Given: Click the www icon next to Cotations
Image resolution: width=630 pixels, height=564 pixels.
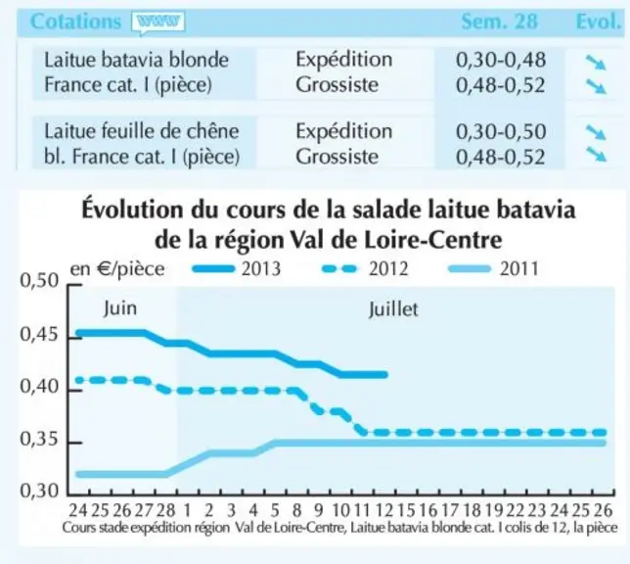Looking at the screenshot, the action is pyautogui.click(x=157, y=23).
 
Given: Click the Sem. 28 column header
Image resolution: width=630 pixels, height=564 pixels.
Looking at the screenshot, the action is pyautogui.click(x=500, y=22).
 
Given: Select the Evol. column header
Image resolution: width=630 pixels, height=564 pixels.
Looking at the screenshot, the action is pyautogui.click(x=599, y=22).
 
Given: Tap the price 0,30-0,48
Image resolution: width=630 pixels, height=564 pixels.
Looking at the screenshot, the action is pyautogui.click(x=501, y=60).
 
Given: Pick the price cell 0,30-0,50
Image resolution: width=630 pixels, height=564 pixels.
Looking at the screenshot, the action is pyautogui.click(x=501, y=131).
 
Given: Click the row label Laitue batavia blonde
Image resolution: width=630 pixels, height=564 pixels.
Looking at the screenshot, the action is pyautogui.click(x=136, y=60).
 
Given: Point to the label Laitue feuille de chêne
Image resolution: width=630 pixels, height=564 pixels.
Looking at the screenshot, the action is pyautogui.click(x=142, y=131).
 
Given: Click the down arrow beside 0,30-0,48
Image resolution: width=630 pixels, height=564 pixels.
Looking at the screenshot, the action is pyautogui.click(x=596, y=63).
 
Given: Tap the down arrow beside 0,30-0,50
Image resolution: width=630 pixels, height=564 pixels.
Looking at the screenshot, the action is pyautogui.click(x=596, y=132).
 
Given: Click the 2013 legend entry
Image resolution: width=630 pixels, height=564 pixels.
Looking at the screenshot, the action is pyautogui.click(x=237, y=268).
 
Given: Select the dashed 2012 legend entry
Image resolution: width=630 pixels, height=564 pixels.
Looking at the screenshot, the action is pyautogui.click(x=365, y=268).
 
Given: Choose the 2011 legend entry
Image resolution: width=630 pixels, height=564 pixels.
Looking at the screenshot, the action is pyautogui.click(x=494, y=268).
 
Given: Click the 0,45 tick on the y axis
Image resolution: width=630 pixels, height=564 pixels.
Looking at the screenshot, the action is pyautogui.click(x=39, y=335).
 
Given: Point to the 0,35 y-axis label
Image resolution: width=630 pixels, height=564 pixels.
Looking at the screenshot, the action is pyautogui.click(x=39, y=440).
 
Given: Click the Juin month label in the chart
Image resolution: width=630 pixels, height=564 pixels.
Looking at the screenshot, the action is pyautogui.click(x=120, y=308).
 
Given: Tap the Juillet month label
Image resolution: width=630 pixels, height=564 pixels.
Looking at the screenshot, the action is pyautogui.click(x=393, y=309).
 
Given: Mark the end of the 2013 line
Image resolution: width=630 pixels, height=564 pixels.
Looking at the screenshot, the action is pyautogui.click(x=385, y=374).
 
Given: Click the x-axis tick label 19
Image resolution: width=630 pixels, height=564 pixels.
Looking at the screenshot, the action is pyautogui.click(x=494, y=510).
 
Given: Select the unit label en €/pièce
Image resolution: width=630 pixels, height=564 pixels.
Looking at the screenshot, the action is pyautogui.click(x=117, y=269).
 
